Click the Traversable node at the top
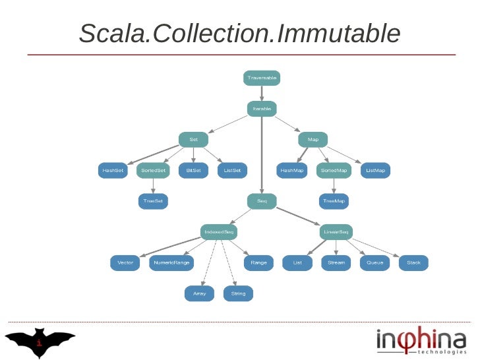[262, 78]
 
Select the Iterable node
[262, 108]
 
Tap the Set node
[193, 140]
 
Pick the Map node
[313, 140]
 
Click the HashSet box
[113, 170]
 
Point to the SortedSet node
[154, 170]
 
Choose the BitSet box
[193, 170]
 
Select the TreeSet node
[153, 200]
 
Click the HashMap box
[292, 170]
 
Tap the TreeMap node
[334, 200]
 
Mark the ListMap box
[376, 170]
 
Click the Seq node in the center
[262, 200]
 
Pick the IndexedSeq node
[218, 232]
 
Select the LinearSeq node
[336, 232]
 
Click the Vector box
[125, 262]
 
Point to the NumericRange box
[171, 262]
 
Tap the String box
[239, 293]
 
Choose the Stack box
[413, 262]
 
